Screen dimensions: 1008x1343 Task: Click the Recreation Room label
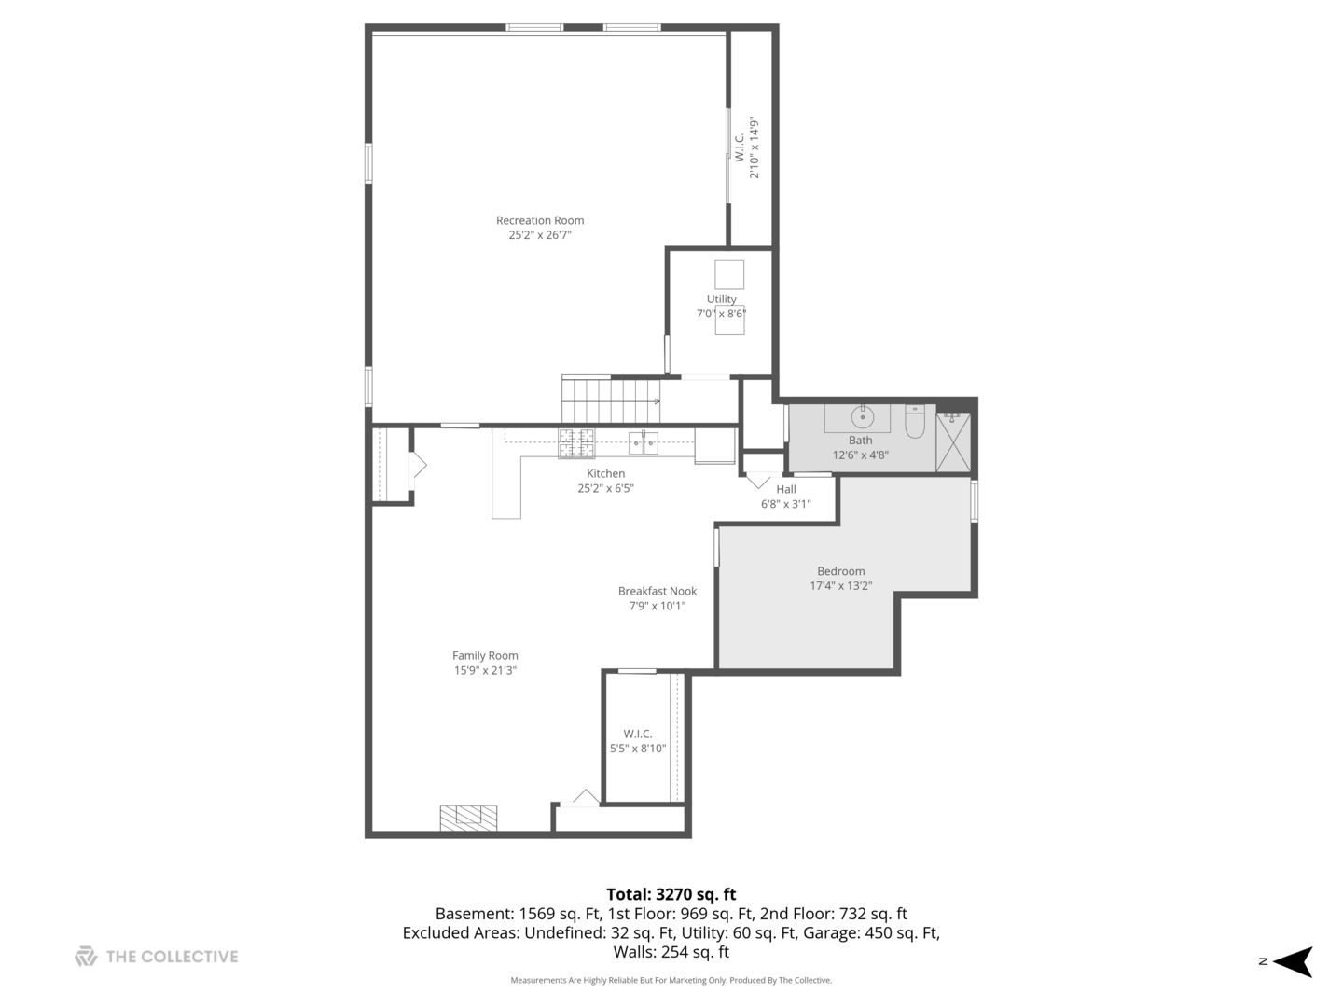pyautogui.click(x=540, y=221)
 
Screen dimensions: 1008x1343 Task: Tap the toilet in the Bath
pyautogui.click(x=914, y=424)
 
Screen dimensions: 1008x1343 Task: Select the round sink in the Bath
pyautogui.click(x=864, y=417)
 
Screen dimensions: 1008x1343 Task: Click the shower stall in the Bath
pyautogui.click(x=953, y=442)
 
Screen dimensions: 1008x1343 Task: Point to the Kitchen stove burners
pyautogui.click(x=575, y=443)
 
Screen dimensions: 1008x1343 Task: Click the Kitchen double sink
pyautogui.click(x=644, y=442)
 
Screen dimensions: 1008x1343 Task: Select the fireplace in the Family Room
pyautogui.click(x=468, y=819)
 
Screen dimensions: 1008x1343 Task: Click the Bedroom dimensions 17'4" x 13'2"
pyautogui.click(x=840, y=586)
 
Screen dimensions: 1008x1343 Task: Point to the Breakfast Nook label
pyautogui.click(x=658, y=591)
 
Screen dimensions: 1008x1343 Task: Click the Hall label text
pyautogui.click(x=786, y=489)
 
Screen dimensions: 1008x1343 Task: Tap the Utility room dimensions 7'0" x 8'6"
pyautogui.click(x=721, y=314)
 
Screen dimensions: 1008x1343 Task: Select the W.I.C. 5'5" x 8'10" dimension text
pyautogui.click(x=638, y=749)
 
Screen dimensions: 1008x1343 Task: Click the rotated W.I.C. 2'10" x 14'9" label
pyautogui.click(x=746, y=147)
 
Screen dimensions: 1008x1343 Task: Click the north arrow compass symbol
pyautogui.click(x=1293, y=961)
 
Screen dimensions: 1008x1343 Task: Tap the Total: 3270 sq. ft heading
pyautogui.click(x=671, y=894)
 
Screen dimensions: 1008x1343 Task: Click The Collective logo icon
pyautogui.click(x=86, y=957)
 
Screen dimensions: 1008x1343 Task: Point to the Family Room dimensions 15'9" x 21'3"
pyautogui.click(x=485, y=670)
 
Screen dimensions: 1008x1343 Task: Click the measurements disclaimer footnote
pyautogui.click(x=671, y=980)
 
